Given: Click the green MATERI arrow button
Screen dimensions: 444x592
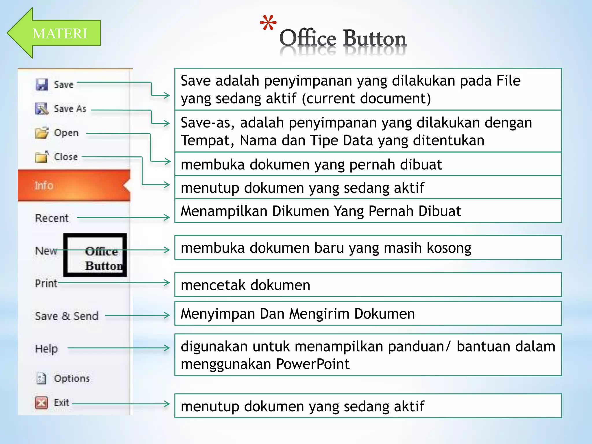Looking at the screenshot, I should [x=55, y=33].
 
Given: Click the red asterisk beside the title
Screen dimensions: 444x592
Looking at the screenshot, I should [x=268, y=23].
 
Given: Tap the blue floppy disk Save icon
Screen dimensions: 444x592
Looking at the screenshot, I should [x=42, y=85].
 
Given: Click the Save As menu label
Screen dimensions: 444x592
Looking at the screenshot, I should [x=70, y=109].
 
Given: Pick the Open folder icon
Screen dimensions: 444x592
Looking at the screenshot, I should [x=42, y=133].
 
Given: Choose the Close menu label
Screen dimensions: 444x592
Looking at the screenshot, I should [x=66, y=157].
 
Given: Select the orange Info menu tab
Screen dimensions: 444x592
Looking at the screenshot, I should [x=74, y=185].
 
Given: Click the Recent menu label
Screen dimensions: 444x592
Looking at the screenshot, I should [x=52, y=218].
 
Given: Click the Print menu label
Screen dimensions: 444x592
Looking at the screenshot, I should [x=46, y=283].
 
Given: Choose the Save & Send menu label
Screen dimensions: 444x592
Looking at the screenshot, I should [x=66, y=316].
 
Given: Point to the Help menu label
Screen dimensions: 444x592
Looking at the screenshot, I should [x=46, y=349].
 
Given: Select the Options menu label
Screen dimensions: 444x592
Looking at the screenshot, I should [x=72, y=378].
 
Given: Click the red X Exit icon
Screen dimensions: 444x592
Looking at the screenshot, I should [x=41, y=402].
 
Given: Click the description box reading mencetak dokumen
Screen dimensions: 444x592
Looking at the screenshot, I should [x=368, y=285].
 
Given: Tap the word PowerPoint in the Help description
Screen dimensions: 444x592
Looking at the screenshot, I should [x=313, y=364].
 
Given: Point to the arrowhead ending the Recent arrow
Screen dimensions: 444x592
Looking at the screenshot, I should [x=167, y=217].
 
